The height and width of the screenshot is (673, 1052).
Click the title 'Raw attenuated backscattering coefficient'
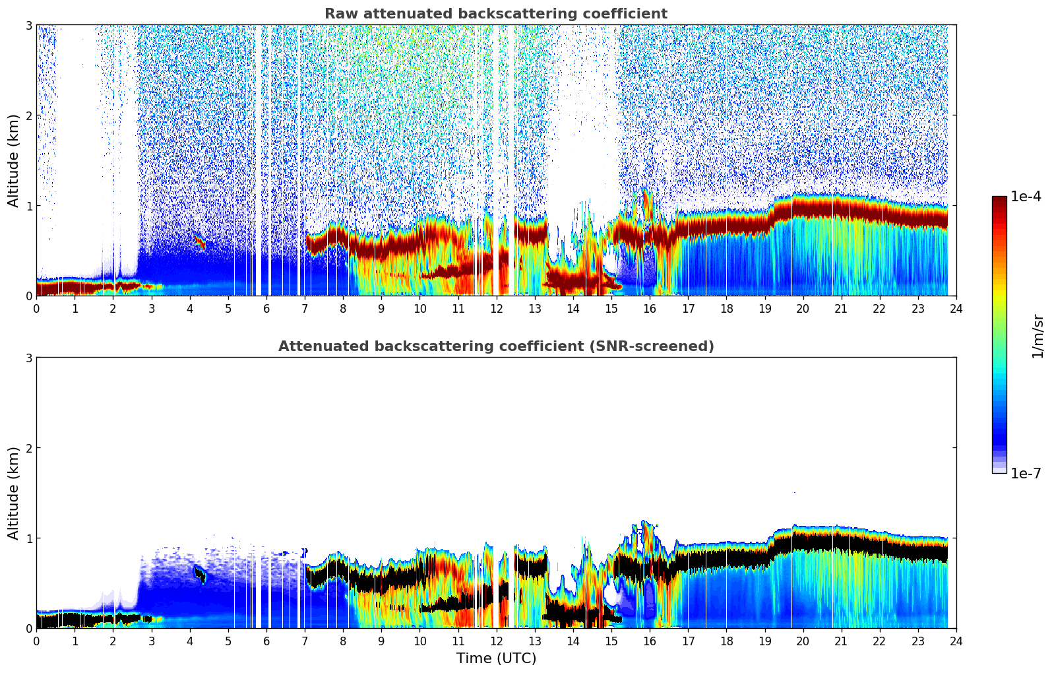click(495, 14)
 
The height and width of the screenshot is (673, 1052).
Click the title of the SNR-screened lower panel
click(495, 346)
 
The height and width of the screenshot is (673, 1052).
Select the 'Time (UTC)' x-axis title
click(496, 658)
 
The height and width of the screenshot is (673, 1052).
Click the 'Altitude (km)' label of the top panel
click(13, 160)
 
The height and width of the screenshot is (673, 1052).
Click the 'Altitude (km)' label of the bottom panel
click(13, 493)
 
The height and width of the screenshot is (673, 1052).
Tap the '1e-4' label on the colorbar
click(1026, 197)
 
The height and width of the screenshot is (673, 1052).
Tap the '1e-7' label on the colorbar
click(1026, 474)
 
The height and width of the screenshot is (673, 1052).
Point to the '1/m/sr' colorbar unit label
click(1037, 336)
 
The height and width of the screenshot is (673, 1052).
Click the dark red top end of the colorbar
click(999, 200)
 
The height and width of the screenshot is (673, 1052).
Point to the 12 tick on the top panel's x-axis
click(496, 308)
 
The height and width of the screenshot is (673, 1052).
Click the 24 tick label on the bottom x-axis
click(956, 641)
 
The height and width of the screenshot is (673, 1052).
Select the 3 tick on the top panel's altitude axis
click(28, 25)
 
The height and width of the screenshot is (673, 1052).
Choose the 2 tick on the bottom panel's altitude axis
click(28, 448)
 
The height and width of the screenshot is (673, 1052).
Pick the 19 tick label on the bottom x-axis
click(764, 641)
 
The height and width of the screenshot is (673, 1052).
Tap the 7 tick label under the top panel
click(305, 308)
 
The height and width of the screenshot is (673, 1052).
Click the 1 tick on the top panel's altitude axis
click(28, 206)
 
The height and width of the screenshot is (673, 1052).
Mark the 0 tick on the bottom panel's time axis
click(36, 641)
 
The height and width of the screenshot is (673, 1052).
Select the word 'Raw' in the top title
click(338, 14)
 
